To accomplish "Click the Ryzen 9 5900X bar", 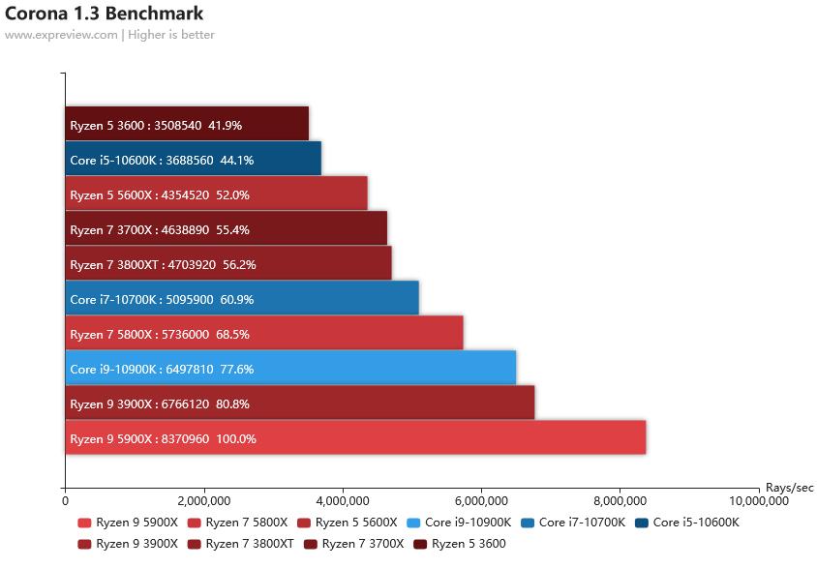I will pyautogui.click(x=355, y=438).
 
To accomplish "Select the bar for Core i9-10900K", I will pyautogui.click(x=290, y=369).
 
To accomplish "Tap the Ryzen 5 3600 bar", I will pyautogui.click(x=187, y=125).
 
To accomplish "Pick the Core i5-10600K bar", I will pyautogui.click(x=193, y=160).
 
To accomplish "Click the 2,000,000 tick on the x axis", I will pyautogui.click(x=203, y=501).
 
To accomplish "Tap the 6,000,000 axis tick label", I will pyautogui.click(x=481, y=501).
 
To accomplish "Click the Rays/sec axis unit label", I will pyautogui.click(x=789, y=487).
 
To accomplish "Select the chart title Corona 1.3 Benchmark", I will pyautogui.click(x=105, y=14).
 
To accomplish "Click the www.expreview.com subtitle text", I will pyautogui.click(x=61, y=35).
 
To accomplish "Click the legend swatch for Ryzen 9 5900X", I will pyautogui.click(x=84, y=523).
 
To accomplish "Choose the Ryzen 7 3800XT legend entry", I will pyautogui.click(x=249, y=544).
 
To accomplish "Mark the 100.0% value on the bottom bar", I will pyautogui.click(x=236, y=438).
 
